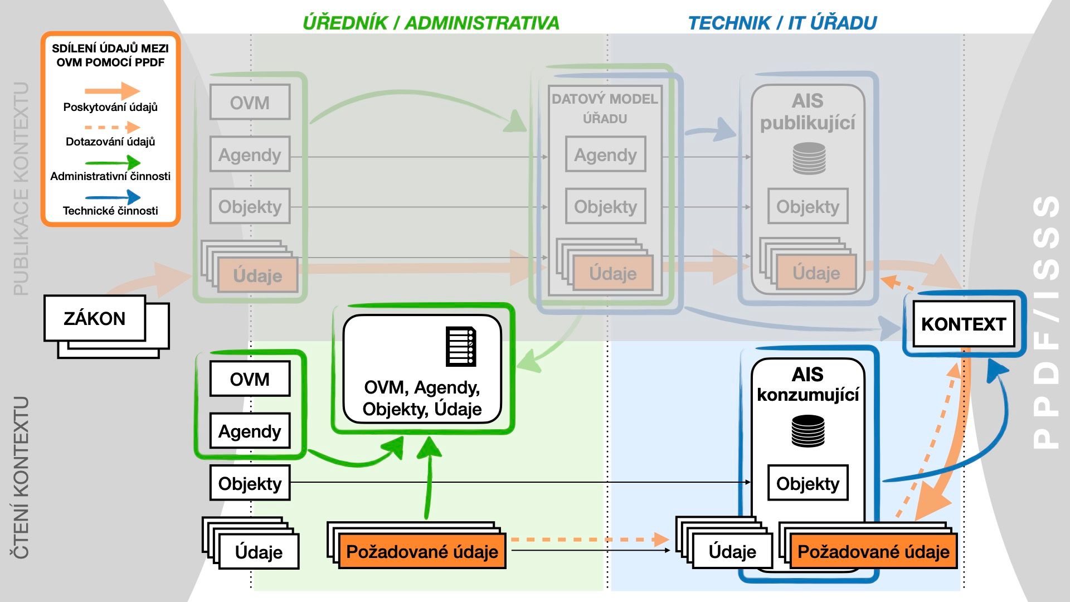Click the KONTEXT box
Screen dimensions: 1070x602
point(964,324)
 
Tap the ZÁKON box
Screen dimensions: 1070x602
point(95,318)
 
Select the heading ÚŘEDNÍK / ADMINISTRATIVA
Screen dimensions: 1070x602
point(431,23)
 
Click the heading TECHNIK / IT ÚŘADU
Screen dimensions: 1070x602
point(782,23)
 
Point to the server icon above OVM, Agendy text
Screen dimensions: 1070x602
point(461,346)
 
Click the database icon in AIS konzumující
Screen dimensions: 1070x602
point(808,431)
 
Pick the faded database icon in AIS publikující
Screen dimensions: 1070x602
point(809,158)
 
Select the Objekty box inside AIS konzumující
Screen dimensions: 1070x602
point(808,483)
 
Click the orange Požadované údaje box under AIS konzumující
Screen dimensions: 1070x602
point(873,551)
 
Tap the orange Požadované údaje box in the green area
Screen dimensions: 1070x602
point(422,551)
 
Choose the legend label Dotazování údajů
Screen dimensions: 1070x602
point(110,142)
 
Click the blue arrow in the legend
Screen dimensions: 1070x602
point(113,197)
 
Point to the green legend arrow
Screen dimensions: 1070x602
point(113,162)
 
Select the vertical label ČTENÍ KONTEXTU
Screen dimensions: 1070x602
point(21,477)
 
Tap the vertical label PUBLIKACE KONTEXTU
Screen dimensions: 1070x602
point(21,188)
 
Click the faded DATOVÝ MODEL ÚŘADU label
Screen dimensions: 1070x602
point(605,109)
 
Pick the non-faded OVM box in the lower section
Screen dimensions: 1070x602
point(250,379)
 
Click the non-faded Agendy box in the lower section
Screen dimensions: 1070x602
point(250,431)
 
